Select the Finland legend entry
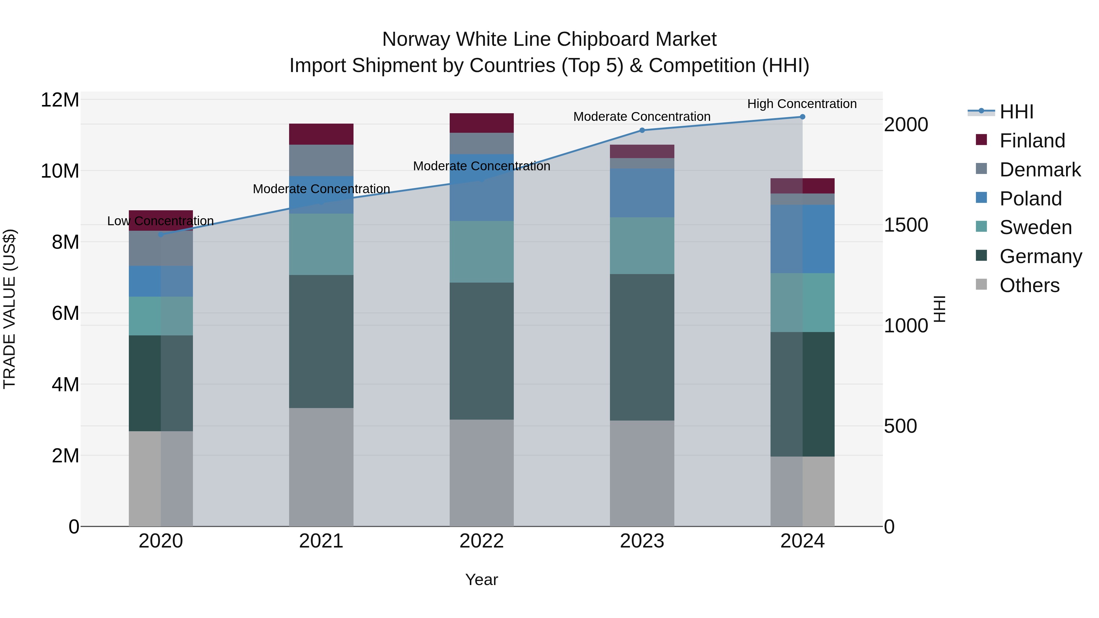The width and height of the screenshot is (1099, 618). [x=1032, y=141]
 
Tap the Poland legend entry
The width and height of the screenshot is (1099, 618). [x=1030, y=199]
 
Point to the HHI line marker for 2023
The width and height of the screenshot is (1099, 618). [x=642, y=130]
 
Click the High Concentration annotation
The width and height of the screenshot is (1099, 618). [x=802, y=104]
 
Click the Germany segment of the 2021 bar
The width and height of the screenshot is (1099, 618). [x=321, y=341]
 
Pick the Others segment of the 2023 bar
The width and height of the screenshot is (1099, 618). [x=642, y=473]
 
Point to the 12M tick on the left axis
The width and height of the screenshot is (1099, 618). [x=60, y=100]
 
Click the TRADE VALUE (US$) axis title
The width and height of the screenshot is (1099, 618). [x=9, y=309]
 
